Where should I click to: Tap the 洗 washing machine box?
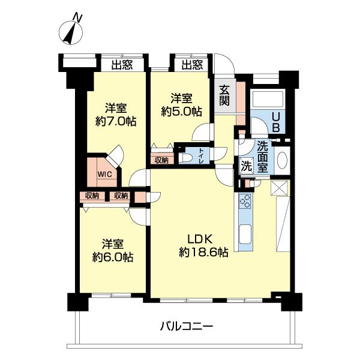[x=246, y=166]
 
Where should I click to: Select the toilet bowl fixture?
[x=187, y=158]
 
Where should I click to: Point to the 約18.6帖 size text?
[x=202, y=253]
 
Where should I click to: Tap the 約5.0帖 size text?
[x=181, y=111]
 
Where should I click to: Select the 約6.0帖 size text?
[x=112, y=257]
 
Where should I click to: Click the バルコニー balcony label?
[x=187, y=327]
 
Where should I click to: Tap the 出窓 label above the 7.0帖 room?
[x=122, y=64]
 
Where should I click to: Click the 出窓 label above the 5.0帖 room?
[x=191, y=64]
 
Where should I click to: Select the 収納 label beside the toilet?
[x=161, y=160]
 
